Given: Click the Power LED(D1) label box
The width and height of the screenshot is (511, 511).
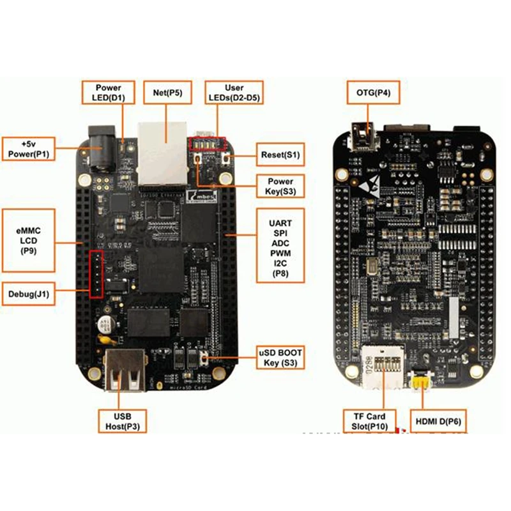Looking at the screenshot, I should point(108,93).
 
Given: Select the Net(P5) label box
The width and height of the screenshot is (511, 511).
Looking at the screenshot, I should point(168,93).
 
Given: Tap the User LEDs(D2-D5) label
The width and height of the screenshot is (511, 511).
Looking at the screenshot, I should point(234,93).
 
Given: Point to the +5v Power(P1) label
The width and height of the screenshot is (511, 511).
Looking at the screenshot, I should point(29,148).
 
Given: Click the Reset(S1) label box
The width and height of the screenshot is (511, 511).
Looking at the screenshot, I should point(280,155).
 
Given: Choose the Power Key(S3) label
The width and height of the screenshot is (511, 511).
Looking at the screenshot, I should point(279,185).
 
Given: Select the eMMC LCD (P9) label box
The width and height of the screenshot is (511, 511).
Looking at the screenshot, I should point(28,242).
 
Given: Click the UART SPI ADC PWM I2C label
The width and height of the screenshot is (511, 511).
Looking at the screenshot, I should point(281,245).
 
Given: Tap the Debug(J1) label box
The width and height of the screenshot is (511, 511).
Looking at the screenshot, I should point(29,294).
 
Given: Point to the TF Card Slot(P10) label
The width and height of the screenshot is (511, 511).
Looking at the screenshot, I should point(369,421).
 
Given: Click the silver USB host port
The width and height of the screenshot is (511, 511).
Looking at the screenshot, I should point(124,373).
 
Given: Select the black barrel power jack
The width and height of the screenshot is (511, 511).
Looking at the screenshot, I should point(99,150).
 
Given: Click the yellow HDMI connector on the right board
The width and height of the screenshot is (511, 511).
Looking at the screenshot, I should point(419,381).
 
